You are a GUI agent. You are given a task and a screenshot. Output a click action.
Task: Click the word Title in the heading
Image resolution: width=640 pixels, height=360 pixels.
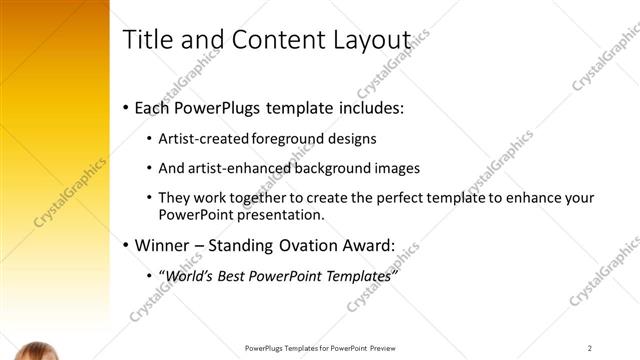click(x=146, y=39)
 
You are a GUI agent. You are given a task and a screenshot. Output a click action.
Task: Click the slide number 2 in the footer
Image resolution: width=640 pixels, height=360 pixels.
click(x=590, y=348)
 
